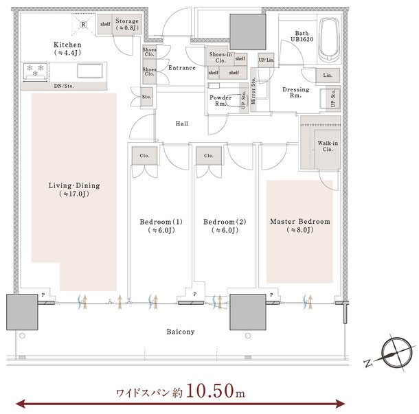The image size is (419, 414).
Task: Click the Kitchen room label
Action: click(67, 45)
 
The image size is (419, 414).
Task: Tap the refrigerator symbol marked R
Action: click(83, 25)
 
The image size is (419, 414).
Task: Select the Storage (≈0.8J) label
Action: click(127, 24)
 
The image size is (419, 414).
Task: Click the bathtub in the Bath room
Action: click(329, 39)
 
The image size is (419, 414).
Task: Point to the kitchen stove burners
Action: click(35, 71)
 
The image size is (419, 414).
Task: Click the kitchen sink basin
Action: click(90, 71)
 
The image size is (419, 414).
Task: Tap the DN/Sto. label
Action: click(64, 86)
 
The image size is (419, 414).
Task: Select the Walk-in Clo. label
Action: click(328, 146)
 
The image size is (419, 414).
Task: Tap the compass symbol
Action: click(396, 353)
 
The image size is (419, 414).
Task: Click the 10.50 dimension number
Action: click(210, 391)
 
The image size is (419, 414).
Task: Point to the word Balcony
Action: click(181, 332)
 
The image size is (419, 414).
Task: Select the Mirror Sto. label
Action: click(253, 91)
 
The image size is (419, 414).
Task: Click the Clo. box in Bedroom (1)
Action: click(144, 155)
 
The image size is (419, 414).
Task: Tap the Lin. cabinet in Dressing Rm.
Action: click(328, 76)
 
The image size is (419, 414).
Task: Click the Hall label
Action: click(182, 124)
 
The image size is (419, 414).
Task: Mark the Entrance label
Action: click(182, 68)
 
